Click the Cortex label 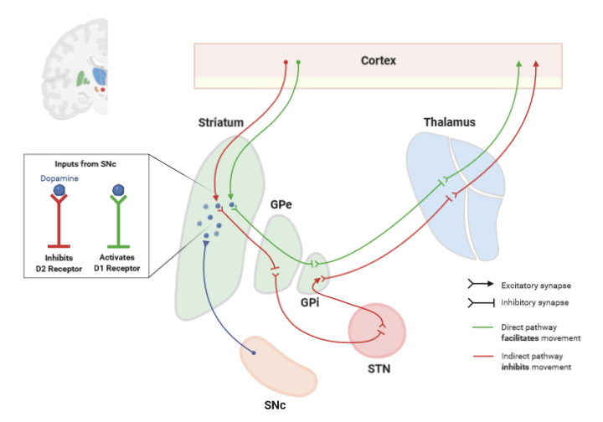tap(379, 60)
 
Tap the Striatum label tap(221, 122)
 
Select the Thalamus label tap(449, 122)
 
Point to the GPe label tap(281, 203)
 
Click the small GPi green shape tap(315, 270)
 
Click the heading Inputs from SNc tap(83, 164)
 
